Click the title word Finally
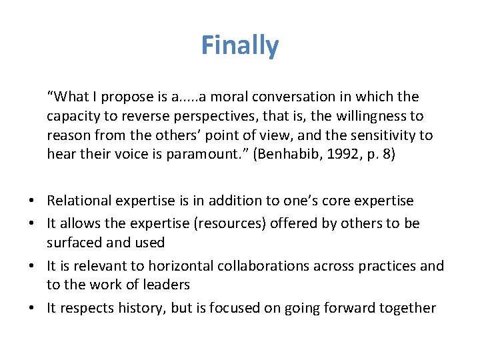(240, 46)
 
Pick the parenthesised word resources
(226, 223)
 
